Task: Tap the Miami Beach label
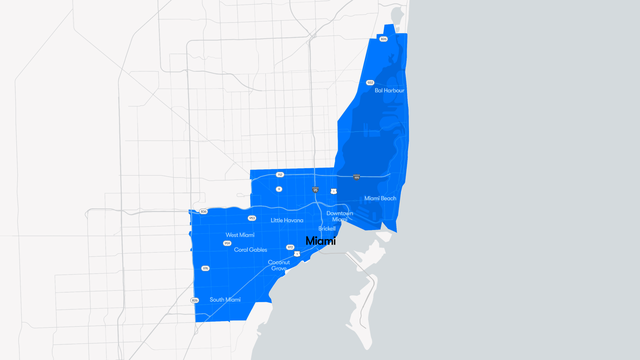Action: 380,198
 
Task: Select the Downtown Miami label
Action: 340,215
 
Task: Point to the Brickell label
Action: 327,228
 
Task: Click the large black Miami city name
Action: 321,241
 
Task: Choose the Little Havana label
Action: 287,220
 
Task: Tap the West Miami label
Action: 240,235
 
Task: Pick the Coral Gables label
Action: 251,249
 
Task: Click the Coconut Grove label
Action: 278,266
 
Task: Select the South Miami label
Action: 225,299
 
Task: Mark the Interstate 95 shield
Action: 315,189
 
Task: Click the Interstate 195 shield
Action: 356,177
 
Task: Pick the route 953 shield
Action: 252,218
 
